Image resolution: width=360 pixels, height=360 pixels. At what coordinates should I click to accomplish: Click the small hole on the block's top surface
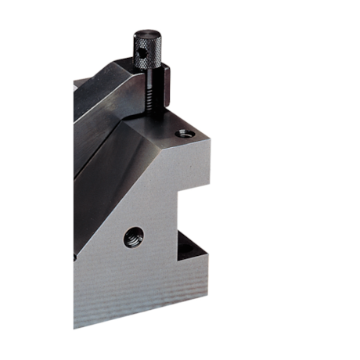[183, 134]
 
